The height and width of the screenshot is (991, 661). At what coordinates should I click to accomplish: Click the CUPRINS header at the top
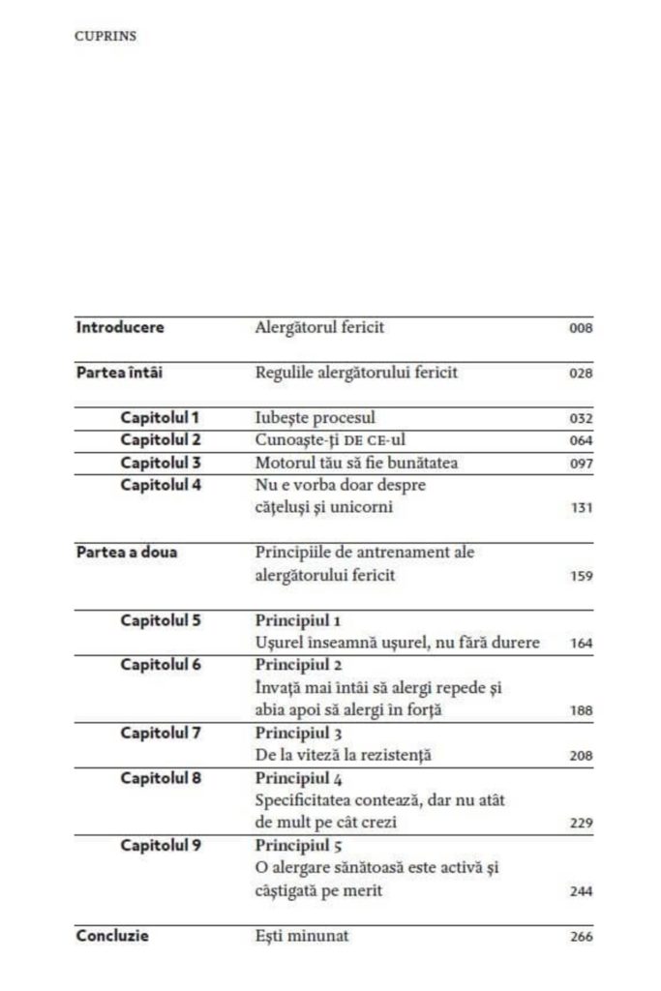[105, 36]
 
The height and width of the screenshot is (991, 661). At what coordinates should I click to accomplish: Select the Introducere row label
[120, 327]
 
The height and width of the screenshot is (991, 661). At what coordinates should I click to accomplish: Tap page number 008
[581, 329]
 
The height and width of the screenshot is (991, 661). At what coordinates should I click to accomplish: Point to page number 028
[581, 375]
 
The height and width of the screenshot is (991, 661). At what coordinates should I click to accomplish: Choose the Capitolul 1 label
[160, 418]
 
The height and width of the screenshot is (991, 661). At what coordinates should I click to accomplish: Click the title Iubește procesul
[309, 418]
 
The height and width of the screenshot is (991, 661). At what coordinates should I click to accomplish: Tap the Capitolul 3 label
[161, 463]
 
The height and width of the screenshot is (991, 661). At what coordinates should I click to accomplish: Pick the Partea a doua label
[127, 553]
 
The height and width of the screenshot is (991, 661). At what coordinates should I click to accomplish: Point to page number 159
[581, 577]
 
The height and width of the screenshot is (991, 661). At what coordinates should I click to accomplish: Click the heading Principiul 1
[298, 620]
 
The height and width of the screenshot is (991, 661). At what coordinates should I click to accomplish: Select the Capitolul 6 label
[161, 665]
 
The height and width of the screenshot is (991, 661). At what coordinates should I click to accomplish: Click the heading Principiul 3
[298, 733]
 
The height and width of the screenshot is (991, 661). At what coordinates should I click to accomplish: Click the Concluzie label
[112, 936]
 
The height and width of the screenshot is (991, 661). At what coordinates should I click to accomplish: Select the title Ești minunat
[302, 936]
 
